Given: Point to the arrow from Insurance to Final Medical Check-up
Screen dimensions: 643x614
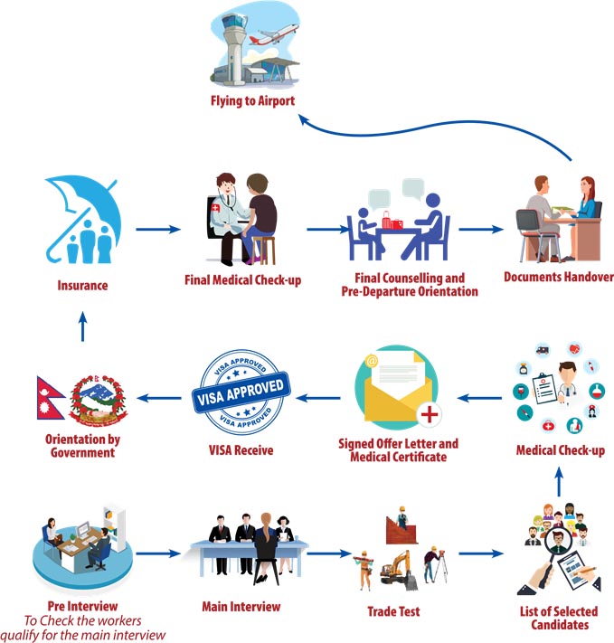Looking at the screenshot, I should click(x=158, y=229).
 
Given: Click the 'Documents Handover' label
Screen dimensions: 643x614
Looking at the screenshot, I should click(x=558, y=277).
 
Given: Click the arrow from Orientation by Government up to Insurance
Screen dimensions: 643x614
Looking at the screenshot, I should click(x=81, y=328).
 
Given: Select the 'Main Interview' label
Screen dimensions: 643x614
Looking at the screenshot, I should click(x=240, y=607).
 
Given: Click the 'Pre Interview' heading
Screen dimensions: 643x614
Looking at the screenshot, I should click(x=82, y=604).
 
